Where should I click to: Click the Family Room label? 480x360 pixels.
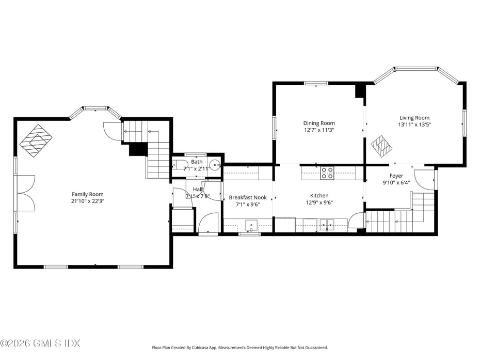[88, 194]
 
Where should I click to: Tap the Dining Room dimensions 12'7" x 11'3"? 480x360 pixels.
[318, 130]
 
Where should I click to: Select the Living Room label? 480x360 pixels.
[414, 118]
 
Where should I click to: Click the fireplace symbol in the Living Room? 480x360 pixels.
[381, 145]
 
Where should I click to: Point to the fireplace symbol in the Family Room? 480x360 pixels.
[37, 140]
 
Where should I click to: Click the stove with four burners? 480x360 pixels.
[327, 173]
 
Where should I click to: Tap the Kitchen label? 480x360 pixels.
[319, 195]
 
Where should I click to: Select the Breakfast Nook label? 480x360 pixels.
[248, 197]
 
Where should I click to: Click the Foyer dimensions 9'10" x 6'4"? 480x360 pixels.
[396, 183]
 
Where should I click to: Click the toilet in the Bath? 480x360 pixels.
[179, 166]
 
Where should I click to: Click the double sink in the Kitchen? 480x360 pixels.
[326, 224]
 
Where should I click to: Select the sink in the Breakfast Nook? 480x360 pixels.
[251, 224]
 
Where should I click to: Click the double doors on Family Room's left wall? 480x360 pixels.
[25, 193]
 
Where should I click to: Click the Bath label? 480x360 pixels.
[197, 162]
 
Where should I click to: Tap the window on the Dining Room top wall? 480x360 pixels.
[316, 83]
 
